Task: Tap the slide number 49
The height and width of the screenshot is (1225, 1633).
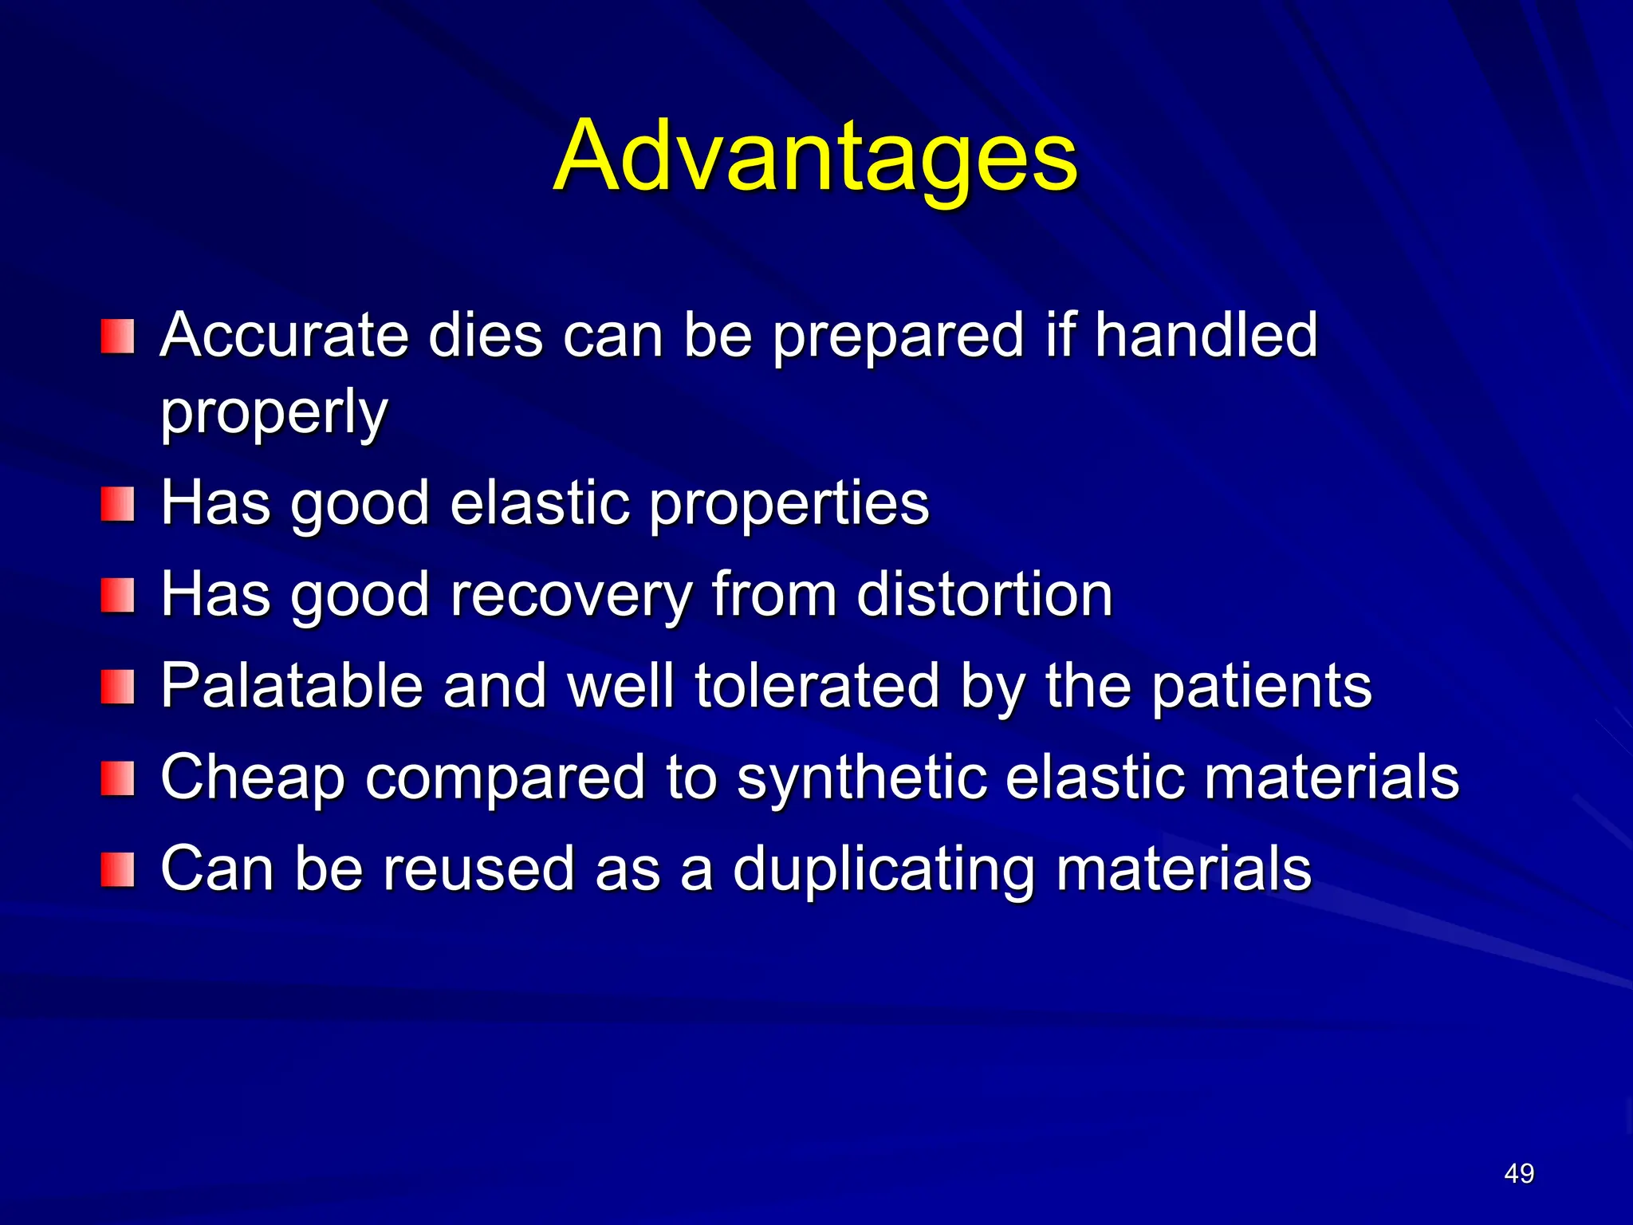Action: pos(1518,1173)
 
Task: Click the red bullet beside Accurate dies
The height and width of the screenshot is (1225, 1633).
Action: pos(117,337)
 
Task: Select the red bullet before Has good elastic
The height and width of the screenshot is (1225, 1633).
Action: pos(117,505)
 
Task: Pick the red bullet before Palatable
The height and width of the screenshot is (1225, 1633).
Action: pos(117,687)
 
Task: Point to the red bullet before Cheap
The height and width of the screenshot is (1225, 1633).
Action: pos(117,778)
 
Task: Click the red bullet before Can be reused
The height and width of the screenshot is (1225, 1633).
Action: pos(117,869)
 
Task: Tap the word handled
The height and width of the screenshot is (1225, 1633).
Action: pos(1206,335)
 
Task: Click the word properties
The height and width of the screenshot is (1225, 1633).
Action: pos(789,505)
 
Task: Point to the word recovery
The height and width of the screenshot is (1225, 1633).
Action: pos(571,596)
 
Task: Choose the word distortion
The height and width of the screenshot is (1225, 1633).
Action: pos(984,596)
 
